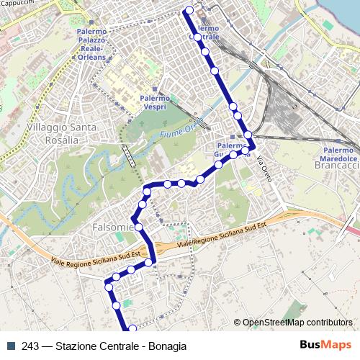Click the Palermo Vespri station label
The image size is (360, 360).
point(155,102)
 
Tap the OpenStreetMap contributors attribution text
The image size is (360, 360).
point(297,323)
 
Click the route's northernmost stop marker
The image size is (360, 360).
point(189,10)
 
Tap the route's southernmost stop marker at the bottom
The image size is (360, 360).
point(132,330)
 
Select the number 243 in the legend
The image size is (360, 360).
point(31,346)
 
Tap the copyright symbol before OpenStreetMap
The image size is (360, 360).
point(238,323)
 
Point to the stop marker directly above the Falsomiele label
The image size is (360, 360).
point(133,218)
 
